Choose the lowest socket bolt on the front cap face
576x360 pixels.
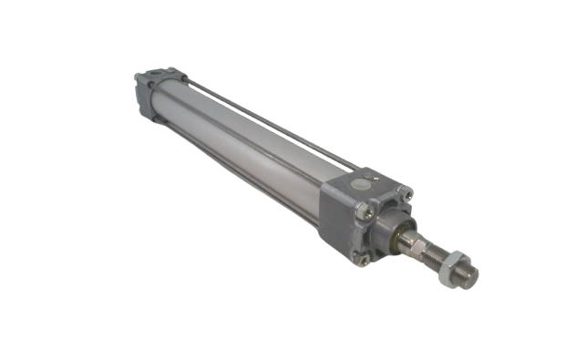[365, 259]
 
